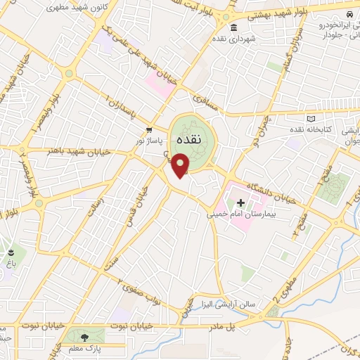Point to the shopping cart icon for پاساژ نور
[148, 131]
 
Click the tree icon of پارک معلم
[85, 338]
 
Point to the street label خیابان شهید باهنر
[70, 149]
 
